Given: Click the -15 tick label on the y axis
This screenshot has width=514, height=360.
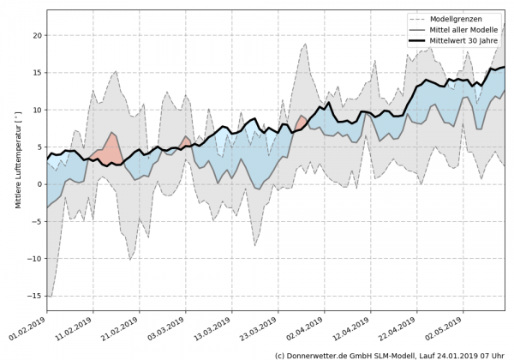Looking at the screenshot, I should pos(32,297).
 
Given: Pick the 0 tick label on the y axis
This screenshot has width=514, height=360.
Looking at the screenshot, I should pos(37,184).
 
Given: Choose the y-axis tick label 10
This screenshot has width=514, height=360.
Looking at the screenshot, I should pos(34,111).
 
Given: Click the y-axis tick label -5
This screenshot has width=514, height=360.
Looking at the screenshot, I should pos(34,222).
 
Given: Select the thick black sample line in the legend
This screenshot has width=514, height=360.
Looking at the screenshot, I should pos(421,39).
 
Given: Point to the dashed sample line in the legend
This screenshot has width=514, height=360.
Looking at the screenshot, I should pos(421,18).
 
